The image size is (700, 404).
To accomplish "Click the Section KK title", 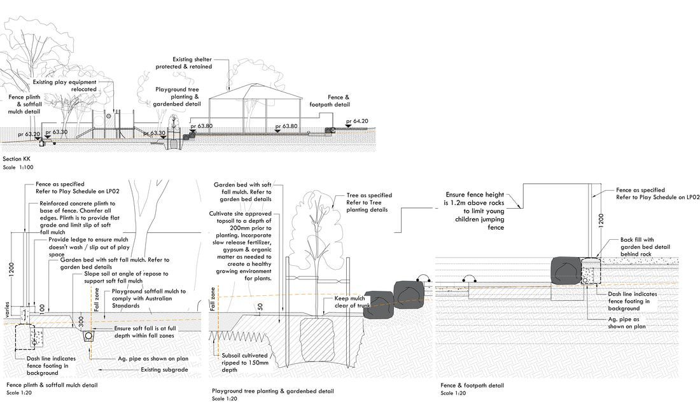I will (x=17, y=158).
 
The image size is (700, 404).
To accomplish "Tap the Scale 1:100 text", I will (x=17, y=167).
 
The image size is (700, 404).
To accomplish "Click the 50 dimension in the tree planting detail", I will (x=260, y=307).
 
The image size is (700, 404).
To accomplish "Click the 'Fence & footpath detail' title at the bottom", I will (x=472, y=386).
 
